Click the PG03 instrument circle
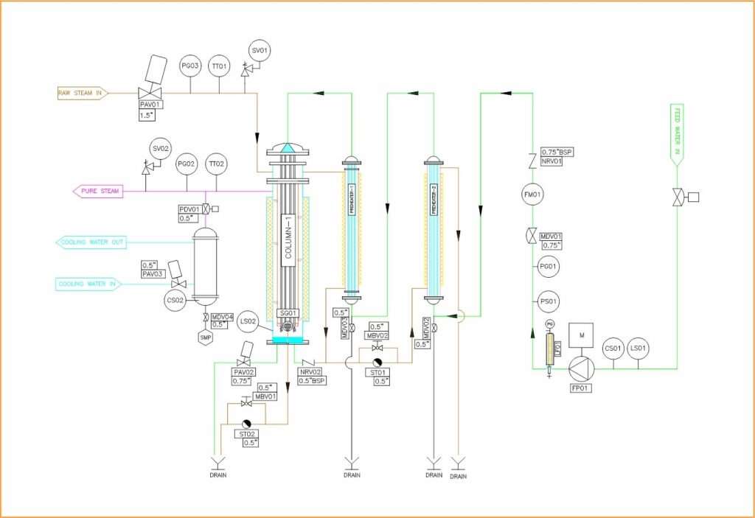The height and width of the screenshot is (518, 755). pos(190,66)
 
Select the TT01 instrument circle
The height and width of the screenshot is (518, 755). pos(218,66)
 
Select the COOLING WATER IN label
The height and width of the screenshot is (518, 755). pos(88,284)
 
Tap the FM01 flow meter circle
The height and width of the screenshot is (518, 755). pos(532,195)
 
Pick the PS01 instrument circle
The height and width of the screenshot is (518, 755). pos(548,301)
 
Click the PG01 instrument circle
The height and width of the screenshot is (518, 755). pos(548,266)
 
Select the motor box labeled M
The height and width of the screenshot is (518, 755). pos(582,335)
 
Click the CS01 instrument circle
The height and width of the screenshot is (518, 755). pos(613,349)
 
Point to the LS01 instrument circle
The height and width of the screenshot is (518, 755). pos(639,349)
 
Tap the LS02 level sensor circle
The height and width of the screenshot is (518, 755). pos(248,321)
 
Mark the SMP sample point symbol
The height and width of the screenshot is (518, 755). pos(205,338)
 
